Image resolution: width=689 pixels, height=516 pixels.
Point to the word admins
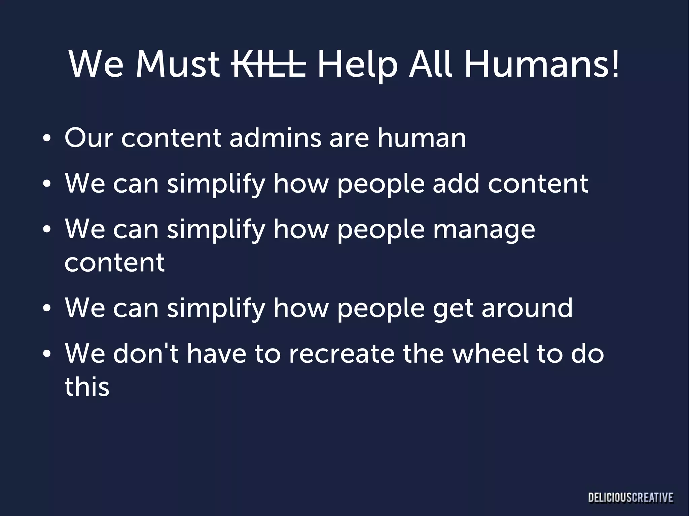pos(275,138)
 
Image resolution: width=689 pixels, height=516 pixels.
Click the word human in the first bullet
pos(421,138)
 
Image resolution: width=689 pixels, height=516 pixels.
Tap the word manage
pos(484,230)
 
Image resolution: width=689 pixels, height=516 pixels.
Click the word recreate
pos(341,354)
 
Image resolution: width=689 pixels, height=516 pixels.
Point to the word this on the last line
pos(87,387)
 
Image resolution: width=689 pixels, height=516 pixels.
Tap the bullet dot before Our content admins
pos(47,139)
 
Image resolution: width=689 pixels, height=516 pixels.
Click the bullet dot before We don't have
pos(47,355)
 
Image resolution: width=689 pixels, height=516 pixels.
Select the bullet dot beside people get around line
pos(47,309)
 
